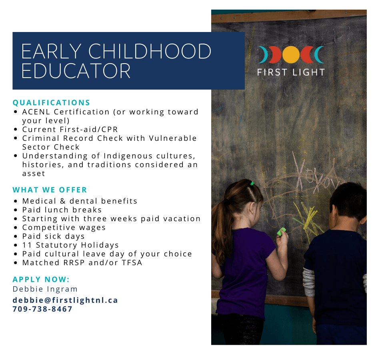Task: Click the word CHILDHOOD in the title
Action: [x=150, y=51]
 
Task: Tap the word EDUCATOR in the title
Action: [x=76, y=71]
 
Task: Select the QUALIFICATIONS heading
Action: [x=51, y=103]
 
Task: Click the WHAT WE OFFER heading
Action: [x=50, y=190]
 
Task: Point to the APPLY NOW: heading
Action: [x=41, y=280]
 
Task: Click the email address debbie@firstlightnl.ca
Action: [x=65, y=300]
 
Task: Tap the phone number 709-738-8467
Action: [x=42, y=309]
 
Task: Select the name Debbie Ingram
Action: [x=45, y=289]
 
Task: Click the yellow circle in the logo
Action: [x=291, y=55]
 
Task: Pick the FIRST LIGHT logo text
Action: [x=291, y=72]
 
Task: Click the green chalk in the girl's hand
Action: [x=281, y=232]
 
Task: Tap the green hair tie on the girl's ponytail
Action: [x=252, y=183]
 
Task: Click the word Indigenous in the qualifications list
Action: [x=128, y=156]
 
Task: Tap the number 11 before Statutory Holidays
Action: [x=27, y=245]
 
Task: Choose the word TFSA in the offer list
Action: [x=132, y=263]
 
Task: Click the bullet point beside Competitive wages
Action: [x=16, y=228]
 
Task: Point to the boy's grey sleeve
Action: [x=309, y=282]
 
